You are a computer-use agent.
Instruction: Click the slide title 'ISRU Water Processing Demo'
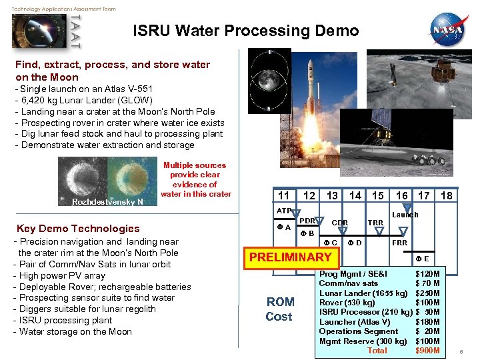(x=245, y=31)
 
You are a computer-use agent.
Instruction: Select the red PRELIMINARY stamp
(x=290, y=257)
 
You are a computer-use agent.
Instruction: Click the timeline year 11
(x=284, y=195)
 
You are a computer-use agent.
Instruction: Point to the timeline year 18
(x=446, y=195)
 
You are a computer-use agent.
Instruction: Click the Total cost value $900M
(x=427, y=351)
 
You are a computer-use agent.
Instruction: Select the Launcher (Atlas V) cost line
(x=379, y=322)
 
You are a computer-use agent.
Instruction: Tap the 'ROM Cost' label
(x=279, y=309)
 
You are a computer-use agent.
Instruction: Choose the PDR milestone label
(x=307, y=221)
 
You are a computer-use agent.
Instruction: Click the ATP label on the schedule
(x=284, y=211)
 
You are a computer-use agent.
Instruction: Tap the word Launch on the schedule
(x=405, y=215)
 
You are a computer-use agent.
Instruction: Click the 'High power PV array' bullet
(x=59, y=275)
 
